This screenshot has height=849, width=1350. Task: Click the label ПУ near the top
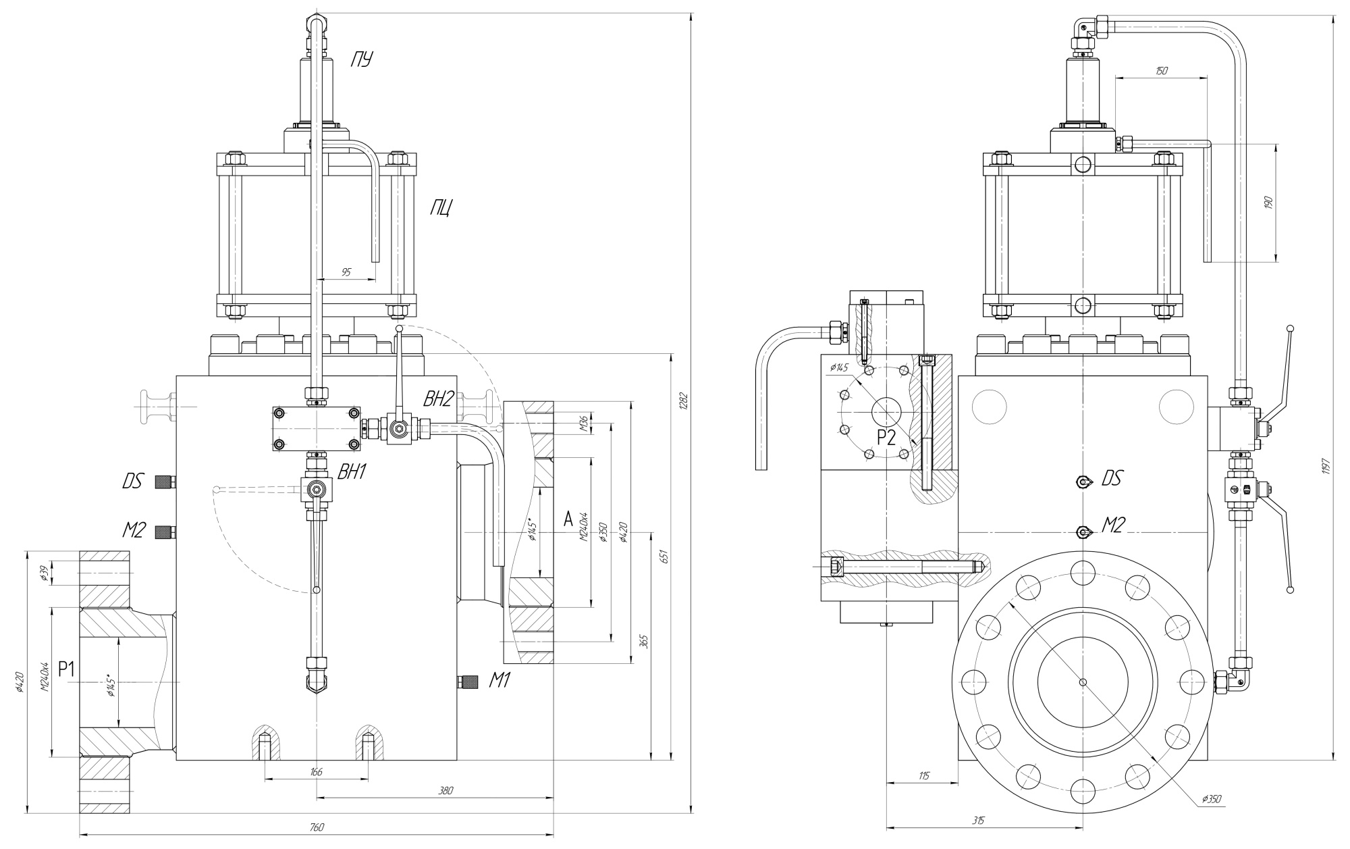[x=361, y=60]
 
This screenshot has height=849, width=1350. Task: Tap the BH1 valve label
[x=352, y=472]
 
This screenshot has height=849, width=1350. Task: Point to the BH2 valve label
[x=438, y=399]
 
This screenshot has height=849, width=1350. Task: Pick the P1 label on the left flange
[x=66, y=669]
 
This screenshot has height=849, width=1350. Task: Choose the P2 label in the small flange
[x=886, y=438]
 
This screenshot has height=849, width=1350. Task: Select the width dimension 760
[x=317, y=827]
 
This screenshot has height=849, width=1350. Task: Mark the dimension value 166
[x=316, y=771]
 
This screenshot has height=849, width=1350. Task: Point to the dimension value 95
[x=346, y=272]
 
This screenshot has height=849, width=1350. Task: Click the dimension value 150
[x=1161, y=70]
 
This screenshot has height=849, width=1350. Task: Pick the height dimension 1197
[x=1326, y=465]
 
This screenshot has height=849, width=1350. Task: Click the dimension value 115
[x=923, y=776]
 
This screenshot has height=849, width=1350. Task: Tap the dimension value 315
[x=979, y=821]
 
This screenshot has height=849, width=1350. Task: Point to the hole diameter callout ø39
[x=43, y=574]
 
